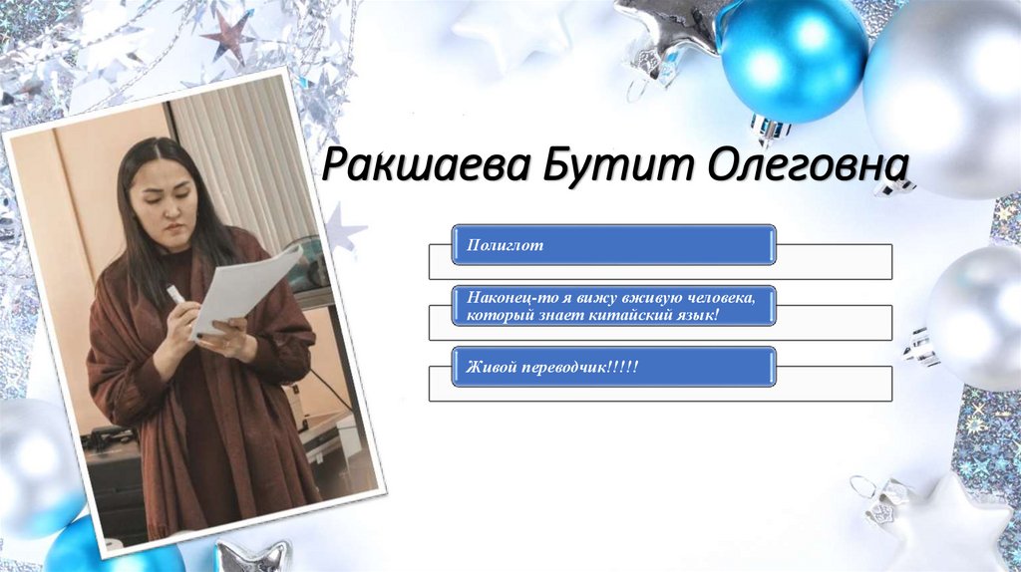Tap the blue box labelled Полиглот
(612, 244)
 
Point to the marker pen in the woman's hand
(175, 296)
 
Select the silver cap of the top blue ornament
(770, 128)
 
